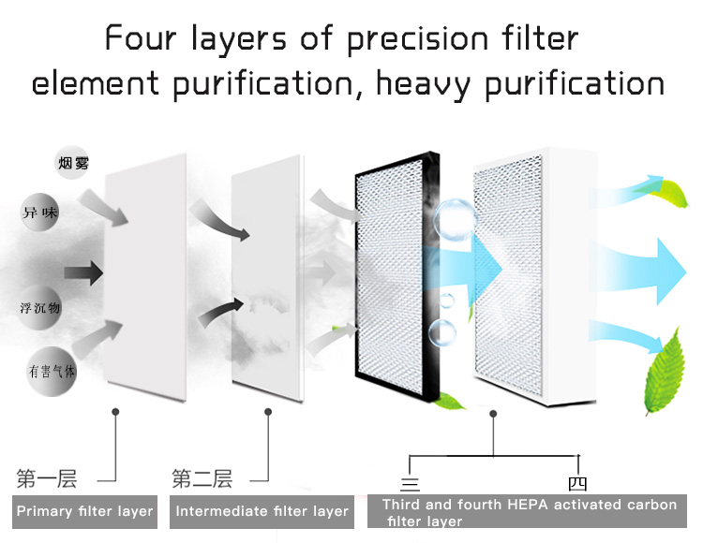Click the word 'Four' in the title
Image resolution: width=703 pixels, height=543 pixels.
point(140,38)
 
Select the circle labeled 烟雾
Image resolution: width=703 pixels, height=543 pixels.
point(73,163)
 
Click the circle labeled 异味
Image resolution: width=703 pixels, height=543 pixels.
point(40,212)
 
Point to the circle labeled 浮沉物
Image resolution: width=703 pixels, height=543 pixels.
point(39,308)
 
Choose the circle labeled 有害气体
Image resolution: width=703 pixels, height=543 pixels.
point(52,371)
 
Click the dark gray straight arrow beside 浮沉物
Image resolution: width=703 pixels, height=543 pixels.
point(83,272)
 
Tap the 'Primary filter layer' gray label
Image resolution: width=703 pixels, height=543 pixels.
point(84,512)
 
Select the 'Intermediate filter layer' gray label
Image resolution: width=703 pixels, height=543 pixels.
point(262,512)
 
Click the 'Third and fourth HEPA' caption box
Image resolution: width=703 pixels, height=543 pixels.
point(527,511)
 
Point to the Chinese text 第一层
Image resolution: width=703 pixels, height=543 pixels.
point(47,478)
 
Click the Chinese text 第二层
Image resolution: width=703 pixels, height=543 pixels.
point(202,478)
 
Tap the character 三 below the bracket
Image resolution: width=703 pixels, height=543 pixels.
point(410,484)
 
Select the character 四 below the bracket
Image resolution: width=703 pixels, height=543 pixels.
point(577,483)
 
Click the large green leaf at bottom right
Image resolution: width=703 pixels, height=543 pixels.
point(665,373)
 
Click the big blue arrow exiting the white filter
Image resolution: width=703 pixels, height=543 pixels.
point(641,271)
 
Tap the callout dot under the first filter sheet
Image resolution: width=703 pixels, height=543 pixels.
point(115,411)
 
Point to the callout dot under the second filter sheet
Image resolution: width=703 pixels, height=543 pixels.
point(268,411)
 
